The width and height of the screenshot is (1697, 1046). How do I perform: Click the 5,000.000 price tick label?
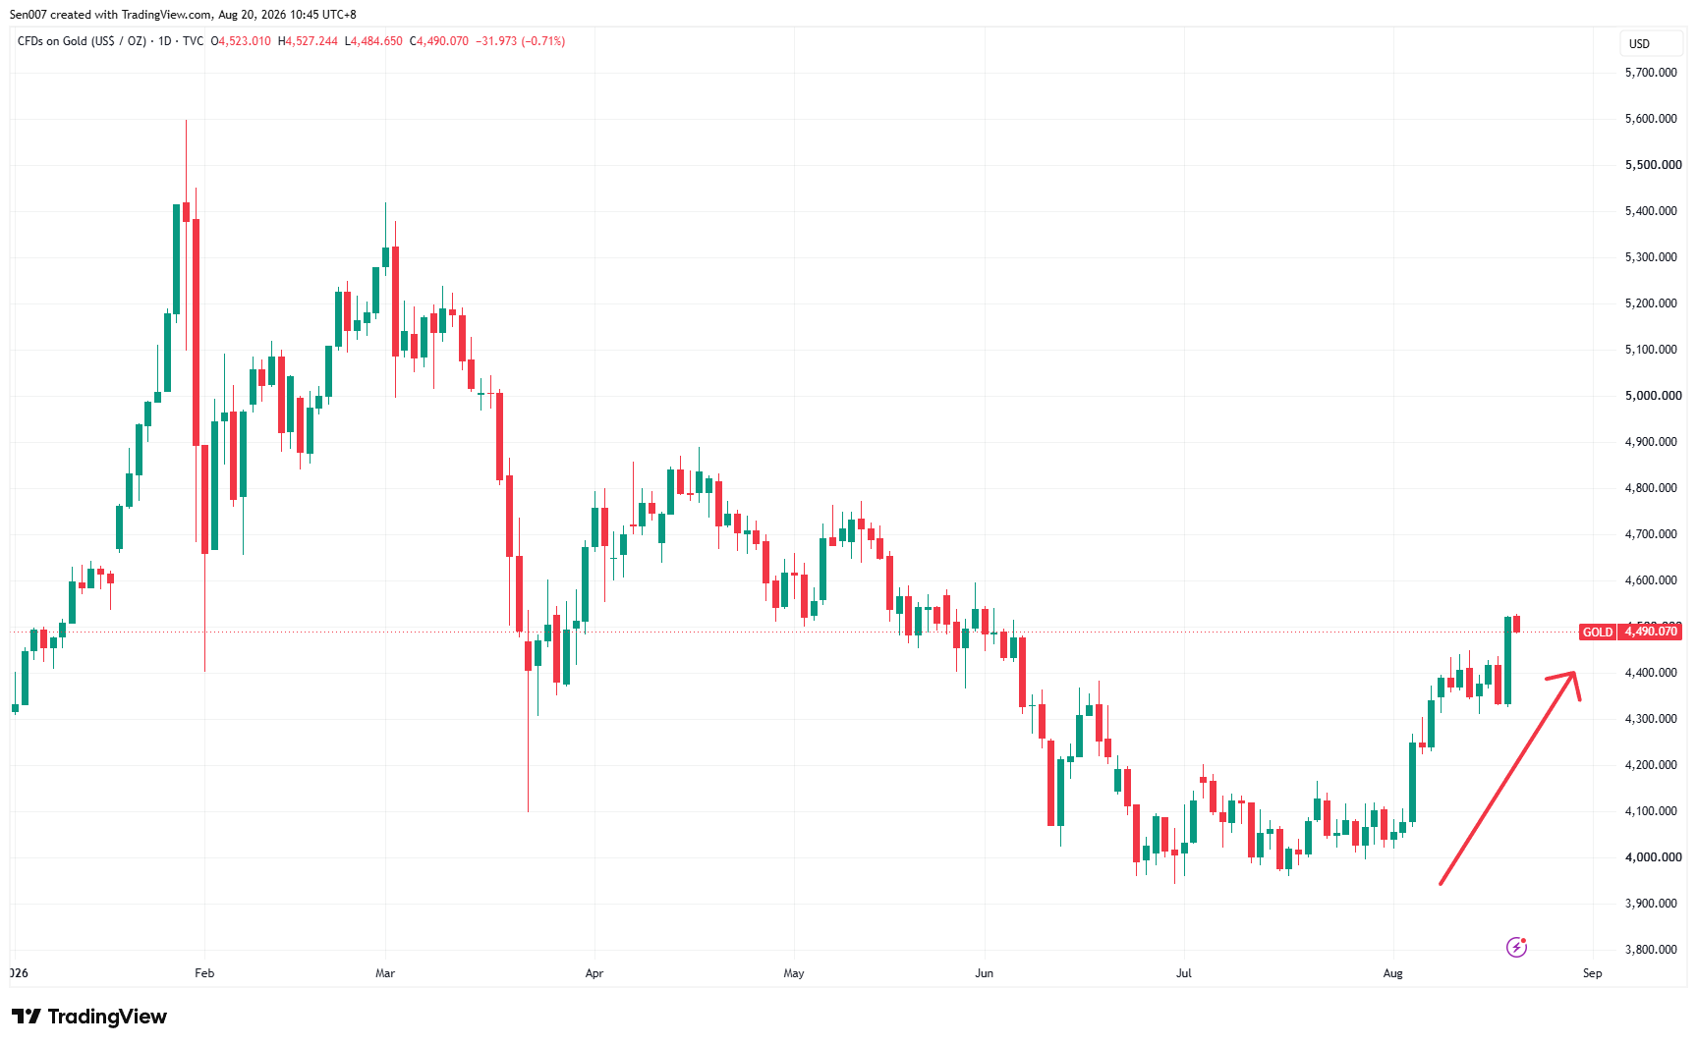click(x=1653, y=396)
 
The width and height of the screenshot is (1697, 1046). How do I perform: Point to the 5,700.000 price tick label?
click(x=1651, y=73)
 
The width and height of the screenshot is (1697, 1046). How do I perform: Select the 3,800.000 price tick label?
click(x=1651, y=950)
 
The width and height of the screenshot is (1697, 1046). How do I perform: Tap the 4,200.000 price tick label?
click(x=1651, y=765)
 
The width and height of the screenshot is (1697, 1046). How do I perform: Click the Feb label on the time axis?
click(x=204, y=973)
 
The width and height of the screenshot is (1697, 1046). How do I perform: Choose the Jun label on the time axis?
click(x=984, y=973)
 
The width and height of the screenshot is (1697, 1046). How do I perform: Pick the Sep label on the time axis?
click(x=1592, y=973)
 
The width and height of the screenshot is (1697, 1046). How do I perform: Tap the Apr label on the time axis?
click(x=594, y=973)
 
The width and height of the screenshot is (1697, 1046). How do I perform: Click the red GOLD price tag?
click(x=1598, y=632)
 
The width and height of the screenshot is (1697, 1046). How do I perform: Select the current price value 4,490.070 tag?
click(x=1651, y=632)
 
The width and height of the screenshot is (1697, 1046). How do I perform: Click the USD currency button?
click(x=1639, y=43)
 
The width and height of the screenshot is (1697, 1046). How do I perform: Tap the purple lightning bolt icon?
click(x=1516, y=947)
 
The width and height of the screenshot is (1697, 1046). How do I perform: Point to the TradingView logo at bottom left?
click(x=89, y=1017)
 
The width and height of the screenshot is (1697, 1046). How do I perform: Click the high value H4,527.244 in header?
click(x=308, y=41)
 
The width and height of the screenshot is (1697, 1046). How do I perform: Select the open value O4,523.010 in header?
click(x=241, y=41)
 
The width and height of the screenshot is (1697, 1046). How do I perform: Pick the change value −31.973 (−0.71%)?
click(x=520, y=41)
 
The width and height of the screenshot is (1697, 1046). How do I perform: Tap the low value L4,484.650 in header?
click(x=373, y=41)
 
